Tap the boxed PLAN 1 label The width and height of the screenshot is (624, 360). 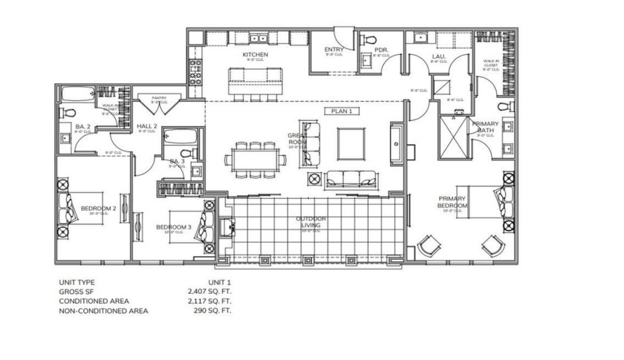coord(341,111)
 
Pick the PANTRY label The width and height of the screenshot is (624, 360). coord(159,98)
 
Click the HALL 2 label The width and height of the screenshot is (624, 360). coord(146,127)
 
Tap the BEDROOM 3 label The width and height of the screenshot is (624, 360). coord(173,227)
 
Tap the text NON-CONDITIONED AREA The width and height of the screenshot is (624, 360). coord(103,310)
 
